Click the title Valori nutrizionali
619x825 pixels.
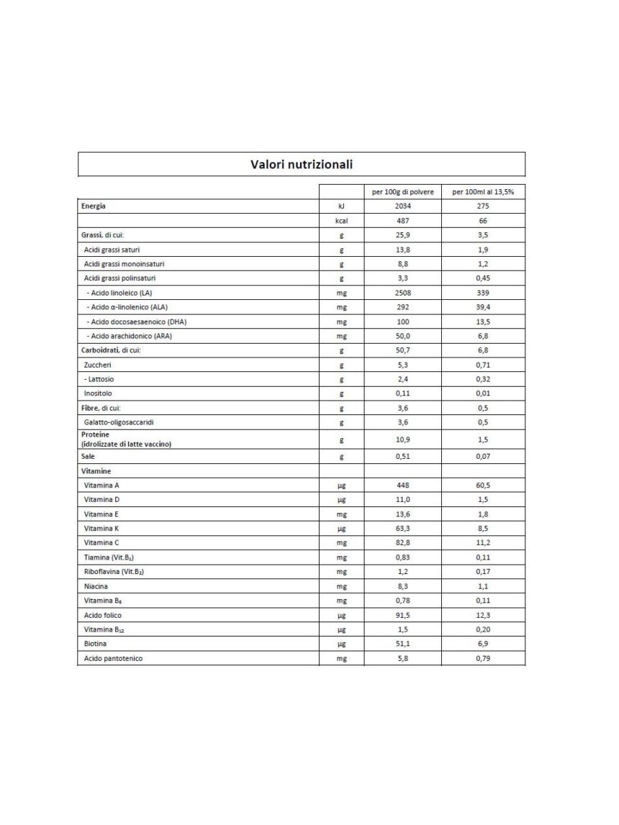[x=301, y=165]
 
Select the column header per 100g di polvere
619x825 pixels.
[x=402, y=192]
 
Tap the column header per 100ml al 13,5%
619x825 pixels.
[x=488, y=192]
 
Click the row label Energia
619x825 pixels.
[x=94, y=206]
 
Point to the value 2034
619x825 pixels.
[x=402, y=206]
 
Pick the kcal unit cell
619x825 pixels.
[x=342, y=221]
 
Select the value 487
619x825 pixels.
[x=402, y=221]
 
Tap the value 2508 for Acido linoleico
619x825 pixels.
[x=402, y=293]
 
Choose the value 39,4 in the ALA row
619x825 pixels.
[x=483, y=307]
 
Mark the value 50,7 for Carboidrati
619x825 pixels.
[x=402, y=350]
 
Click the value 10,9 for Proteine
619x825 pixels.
[x=402, y=439]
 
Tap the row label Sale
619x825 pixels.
[x=89, y=456]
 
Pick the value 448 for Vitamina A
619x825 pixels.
[x=402, y=486]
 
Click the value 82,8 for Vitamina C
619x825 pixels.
[x=402, y=543]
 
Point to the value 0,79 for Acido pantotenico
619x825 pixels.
[x=483, y=658]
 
